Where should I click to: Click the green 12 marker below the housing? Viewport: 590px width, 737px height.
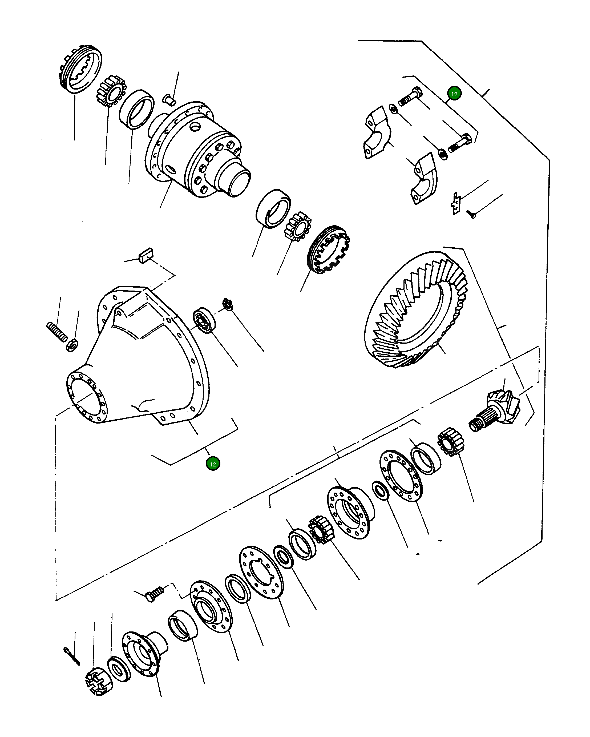[x=213, y=464]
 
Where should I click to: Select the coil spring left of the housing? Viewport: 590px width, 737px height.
[x=57, y=332]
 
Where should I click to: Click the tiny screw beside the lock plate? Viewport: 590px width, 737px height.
[x=472, y=214]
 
